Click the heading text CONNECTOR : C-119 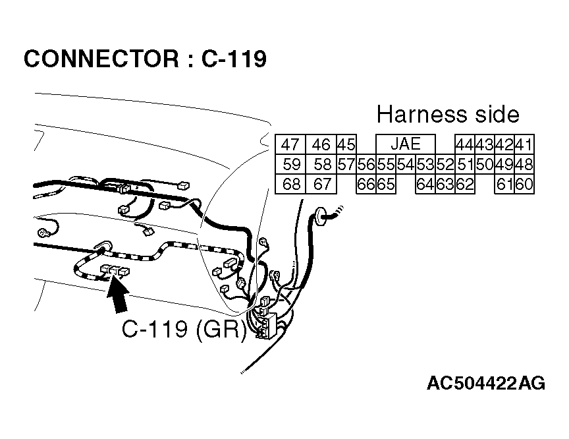click(145, 59)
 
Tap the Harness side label click(448, 115)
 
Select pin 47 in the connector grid click(290, 145)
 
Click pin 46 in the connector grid click(321, 145)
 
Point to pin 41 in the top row click(524, 145)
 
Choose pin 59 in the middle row click(290, 165)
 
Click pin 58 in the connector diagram click(322, 165)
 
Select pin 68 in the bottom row click(290, 185)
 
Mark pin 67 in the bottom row click(322, 185)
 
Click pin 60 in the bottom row click(524, 185)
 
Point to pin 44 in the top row click(464, 145)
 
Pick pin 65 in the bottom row click(386, 185)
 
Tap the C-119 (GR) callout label click(184, 328)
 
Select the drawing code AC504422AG click(485, 383)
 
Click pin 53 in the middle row click(425, 165)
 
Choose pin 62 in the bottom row click(464, 185)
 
